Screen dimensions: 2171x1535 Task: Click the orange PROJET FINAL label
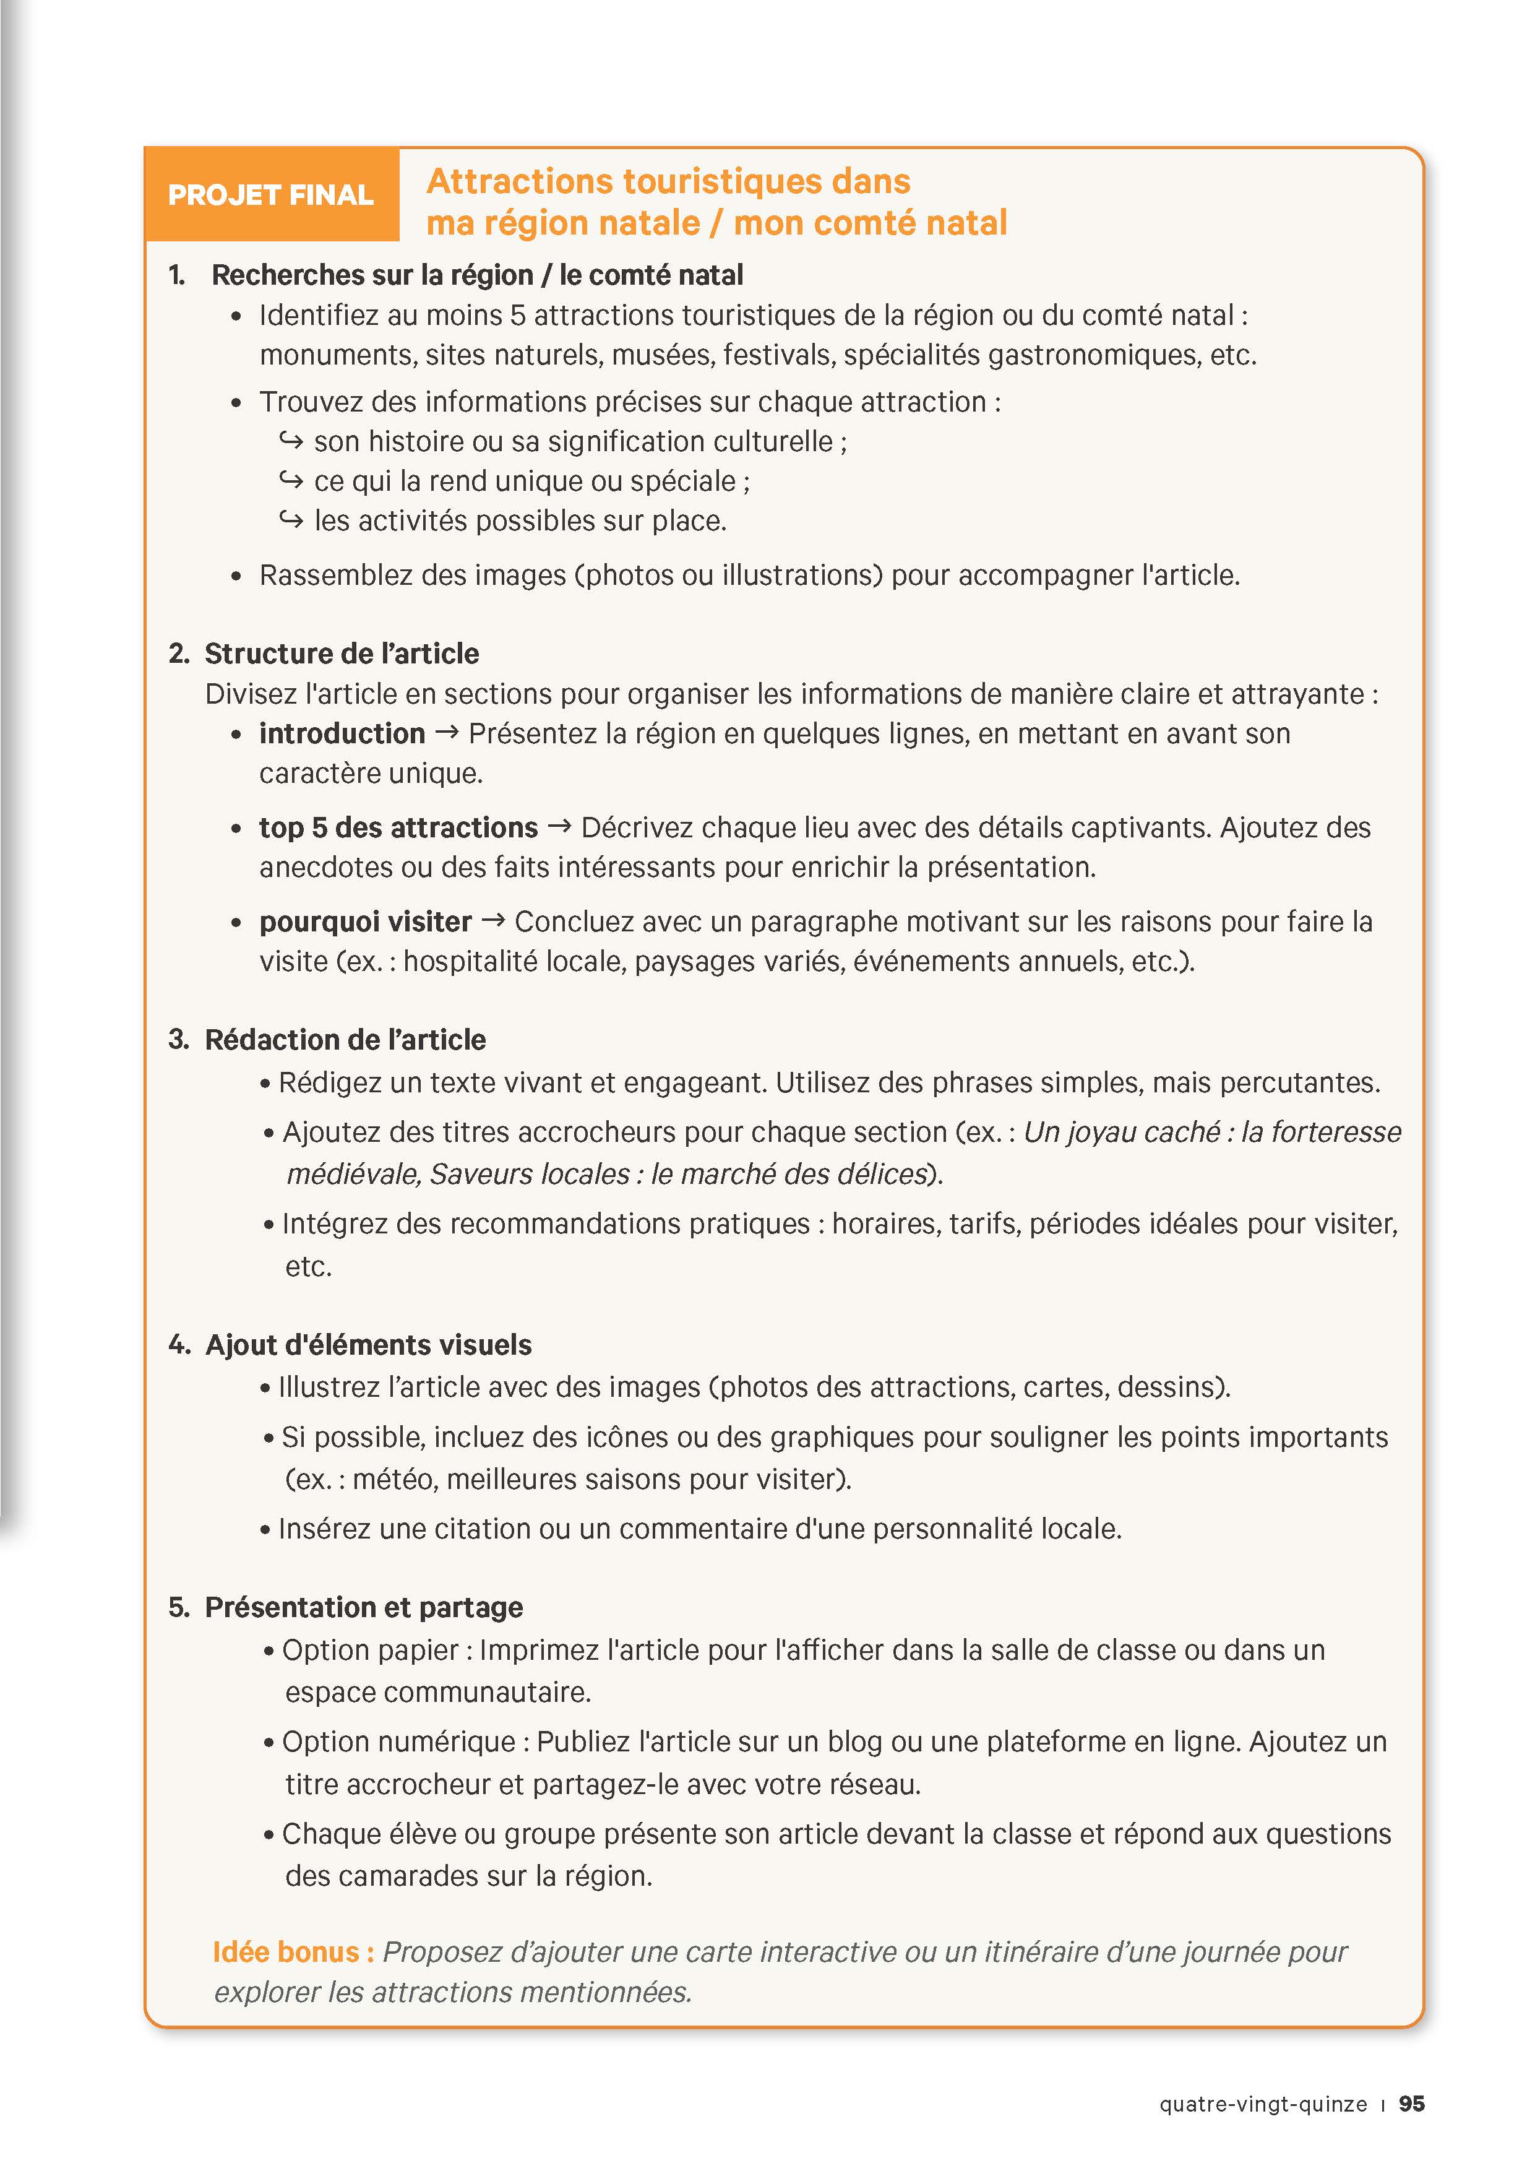pyautogui.click(x=270, y=195)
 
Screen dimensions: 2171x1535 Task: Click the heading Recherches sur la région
pyautogui.click(x=476, y=275)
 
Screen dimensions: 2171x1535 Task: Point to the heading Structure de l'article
pyautogui.click(x=342, y=654)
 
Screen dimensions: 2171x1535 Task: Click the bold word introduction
pyautogui.click(x=342, y=734)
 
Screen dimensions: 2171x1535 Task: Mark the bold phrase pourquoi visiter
pyautogui.click(x=365, y=922)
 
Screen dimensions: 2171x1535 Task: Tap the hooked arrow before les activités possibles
pyautogui.click(x=291, y=519)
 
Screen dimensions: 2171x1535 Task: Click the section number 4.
pyautogui.click(x=179, y=1345)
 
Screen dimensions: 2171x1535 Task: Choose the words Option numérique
pyautogui.click(x=398, y=1742)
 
